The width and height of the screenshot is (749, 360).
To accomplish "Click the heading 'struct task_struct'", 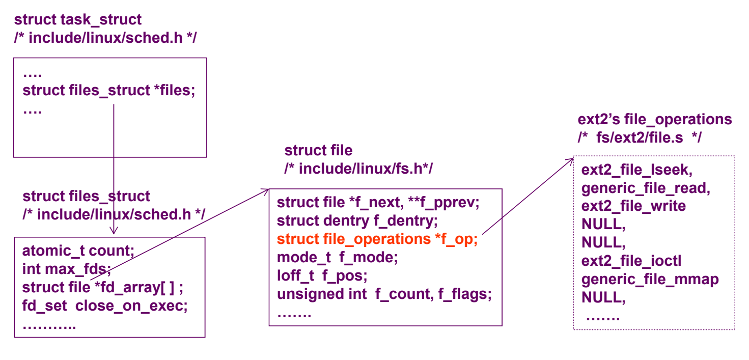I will tap(78, 20).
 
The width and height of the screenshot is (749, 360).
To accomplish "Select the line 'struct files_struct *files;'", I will tap(109, 91).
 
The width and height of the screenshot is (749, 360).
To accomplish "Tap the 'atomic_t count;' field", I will tap(78, 251).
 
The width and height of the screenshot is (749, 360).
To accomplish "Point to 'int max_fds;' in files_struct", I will tap(66, 269).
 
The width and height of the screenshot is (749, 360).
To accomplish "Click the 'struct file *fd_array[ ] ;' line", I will tap(102, 288).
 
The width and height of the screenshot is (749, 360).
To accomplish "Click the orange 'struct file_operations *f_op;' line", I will tap(377, 239).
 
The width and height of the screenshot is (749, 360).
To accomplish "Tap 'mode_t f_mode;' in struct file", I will tap(337, 258).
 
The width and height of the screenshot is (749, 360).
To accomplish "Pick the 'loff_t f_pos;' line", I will tap(322, 276).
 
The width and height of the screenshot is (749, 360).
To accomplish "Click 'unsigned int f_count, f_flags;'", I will tap(384, 294).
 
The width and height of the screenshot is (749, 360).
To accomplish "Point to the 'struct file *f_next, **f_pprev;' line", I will tap(378, 203).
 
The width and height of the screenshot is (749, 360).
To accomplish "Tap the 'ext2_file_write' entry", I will tap(634, 206).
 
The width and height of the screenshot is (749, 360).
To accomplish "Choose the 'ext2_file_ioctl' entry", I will tap(631, 261).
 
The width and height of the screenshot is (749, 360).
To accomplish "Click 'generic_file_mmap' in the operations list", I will tap(650, 280).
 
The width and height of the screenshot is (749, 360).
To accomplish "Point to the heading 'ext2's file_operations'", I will tap(654, 120).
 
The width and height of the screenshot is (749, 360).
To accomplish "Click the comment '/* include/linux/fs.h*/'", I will tap(358, 169).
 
